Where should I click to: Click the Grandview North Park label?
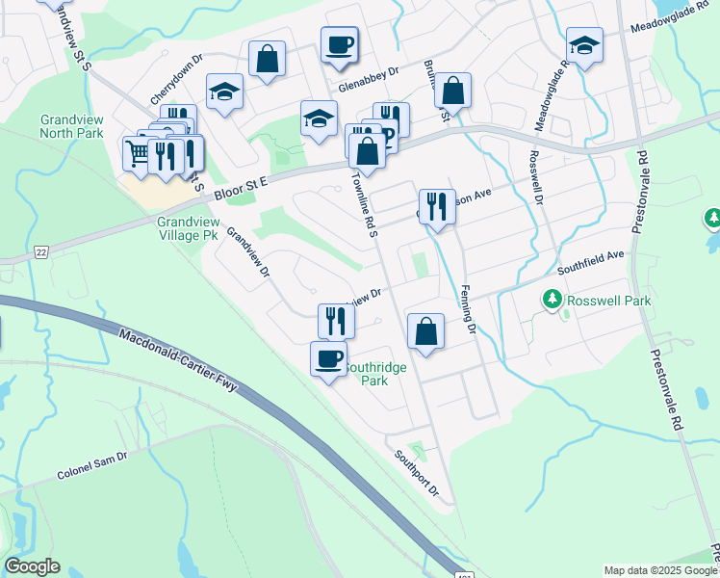tap(71, 126)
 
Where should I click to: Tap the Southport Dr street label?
tap(416, 475)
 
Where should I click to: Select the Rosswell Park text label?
tap(608, 301)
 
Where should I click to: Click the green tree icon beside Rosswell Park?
tap(553, 301)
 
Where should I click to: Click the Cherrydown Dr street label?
tap(176, 79)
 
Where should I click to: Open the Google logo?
tap(32, 566)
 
